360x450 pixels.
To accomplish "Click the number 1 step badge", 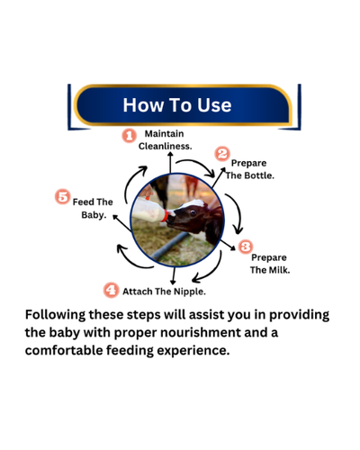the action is pyautogui.click(x=130, y=136).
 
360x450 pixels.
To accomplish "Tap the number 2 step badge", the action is pyautogui.click(x=222, y=154).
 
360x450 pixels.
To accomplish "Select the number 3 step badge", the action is pyautogui.click(x=246, y=247).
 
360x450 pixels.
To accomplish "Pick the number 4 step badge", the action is pyautogui.click(x=111, y=290).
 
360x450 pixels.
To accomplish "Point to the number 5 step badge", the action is pyautogui.click(x=63, y=197).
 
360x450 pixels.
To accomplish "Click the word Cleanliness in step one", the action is pyautogui.click(x=165, y=147).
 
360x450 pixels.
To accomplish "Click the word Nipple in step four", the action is pyautogui.click(x=190, y=292).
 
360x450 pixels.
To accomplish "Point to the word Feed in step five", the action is pyautogui.click(x=83, y=202).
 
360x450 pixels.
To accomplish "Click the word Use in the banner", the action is pyautogui.click(x=214, y=105).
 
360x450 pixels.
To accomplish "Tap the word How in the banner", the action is pyautogui.click(x=143, y=105).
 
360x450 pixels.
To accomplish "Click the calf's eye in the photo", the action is pyautogui.click(x=193, y=212).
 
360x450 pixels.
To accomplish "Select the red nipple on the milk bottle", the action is pyautogui.click(x=165, y=216).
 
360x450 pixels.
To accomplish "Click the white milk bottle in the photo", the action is pyautogui.click(x=149, y=210).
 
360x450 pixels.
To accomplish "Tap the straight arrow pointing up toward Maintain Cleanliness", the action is pyautogui.click(x=170, y=162).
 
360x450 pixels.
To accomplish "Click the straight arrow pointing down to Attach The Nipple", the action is pyautogui.click(x=173, y=275).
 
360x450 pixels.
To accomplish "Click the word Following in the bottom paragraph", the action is pyautogui.click(x=55, y=315).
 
